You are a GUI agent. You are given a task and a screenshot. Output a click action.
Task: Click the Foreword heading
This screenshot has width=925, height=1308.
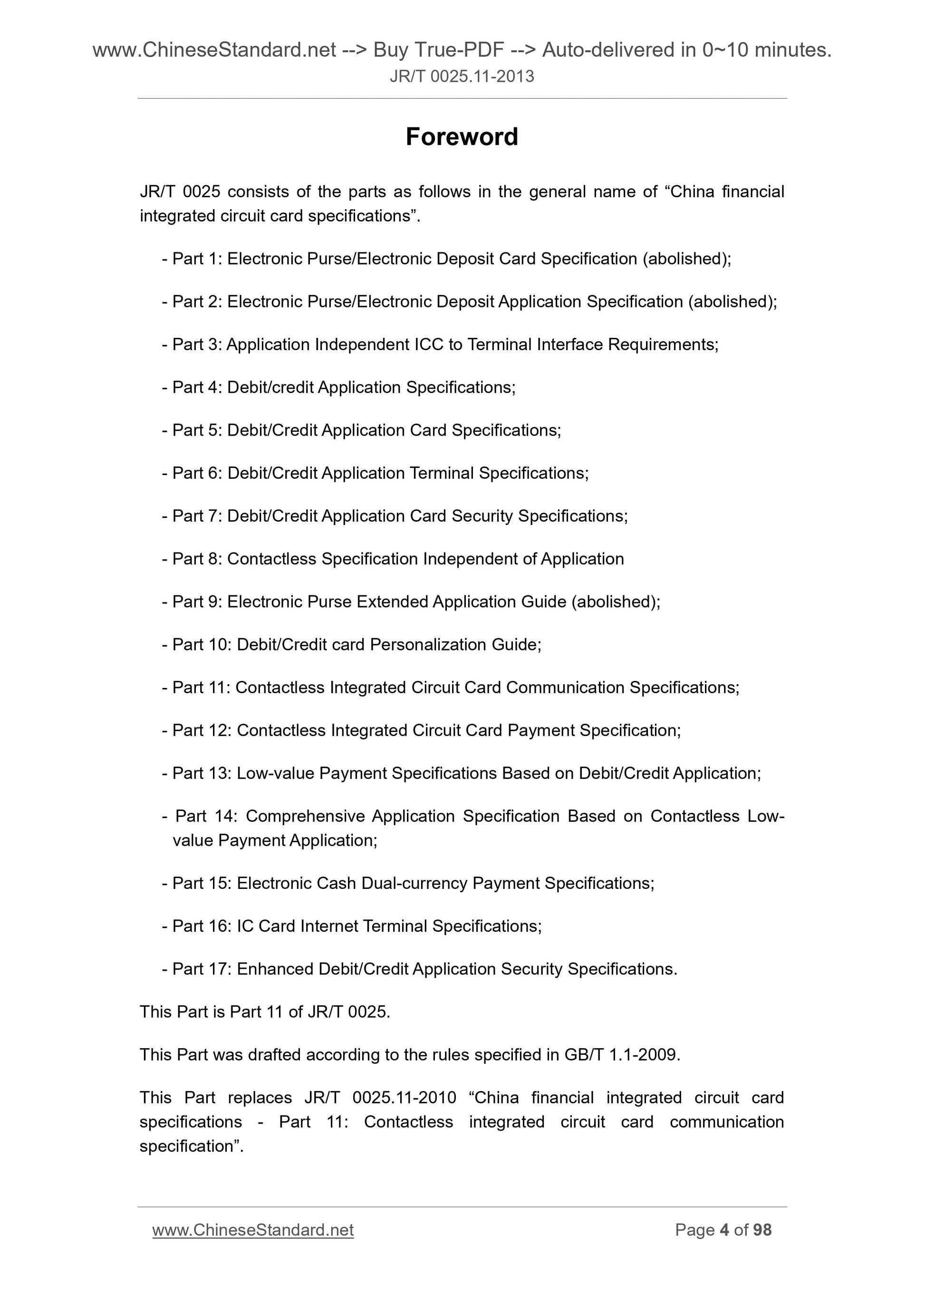coord(462,137)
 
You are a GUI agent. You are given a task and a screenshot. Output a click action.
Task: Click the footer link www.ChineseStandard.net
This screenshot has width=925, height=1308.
coord(252,1230)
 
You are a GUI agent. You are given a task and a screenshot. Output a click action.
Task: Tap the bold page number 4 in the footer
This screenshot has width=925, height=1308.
coord(724,1230)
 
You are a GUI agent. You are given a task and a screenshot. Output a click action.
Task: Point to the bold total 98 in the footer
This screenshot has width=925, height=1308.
coord(762,1230)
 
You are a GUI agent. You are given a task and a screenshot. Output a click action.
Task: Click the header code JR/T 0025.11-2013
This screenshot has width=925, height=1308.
coord(462,76)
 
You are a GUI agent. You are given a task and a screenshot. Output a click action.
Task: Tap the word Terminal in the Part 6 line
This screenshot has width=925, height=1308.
coord(442,473)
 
